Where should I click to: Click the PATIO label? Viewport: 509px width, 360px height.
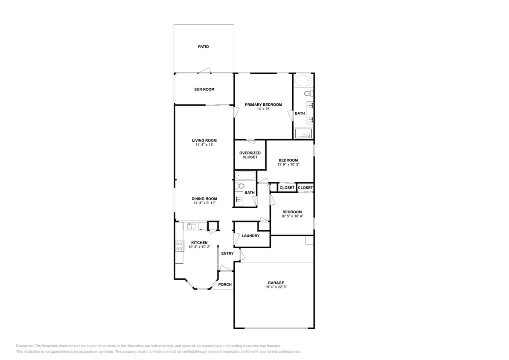coord(204,47)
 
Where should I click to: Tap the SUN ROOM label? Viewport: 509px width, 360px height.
coord(204,89)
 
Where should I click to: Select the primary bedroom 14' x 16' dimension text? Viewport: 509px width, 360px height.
coord(264,109)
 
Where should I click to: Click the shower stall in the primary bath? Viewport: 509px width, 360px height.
coord(303,134)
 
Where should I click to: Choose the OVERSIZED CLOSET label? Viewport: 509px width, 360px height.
coord(250,155)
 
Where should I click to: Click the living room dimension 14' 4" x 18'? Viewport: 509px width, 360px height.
coord(204,145)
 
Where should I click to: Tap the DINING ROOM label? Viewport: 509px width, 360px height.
coord(204,199)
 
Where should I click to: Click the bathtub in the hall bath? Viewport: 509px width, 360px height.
coord(245,176)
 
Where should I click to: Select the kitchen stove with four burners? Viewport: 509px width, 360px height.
coord(179,246)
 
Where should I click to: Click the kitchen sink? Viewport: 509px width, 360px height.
coord(192,226)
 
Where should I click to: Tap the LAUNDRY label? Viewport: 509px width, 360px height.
coord(250,236)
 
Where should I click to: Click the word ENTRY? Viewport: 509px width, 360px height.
coord(227,253)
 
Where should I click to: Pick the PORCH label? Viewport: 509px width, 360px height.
coord(225,285)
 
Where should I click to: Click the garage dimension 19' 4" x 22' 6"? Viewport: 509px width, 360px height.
coord(276,287)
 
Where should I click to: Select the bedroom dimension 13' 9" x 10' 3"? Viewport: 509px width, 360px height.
coord(288,164)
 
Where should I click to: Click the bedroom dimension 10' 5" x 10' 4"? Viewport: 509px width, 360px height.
coord(292,216)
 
